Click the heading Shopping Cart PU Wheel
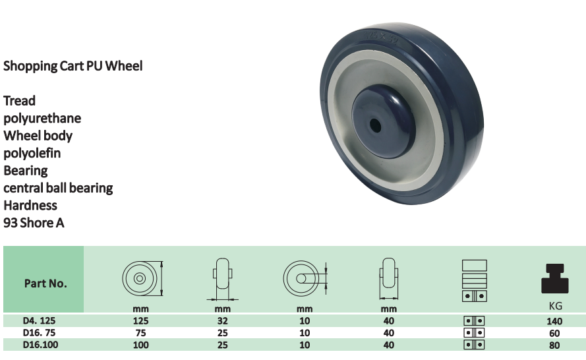[73, 66]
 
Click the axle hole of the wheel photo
[375, 126]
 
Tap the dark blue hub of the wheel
[384, 121]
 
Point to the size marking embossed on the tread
[380, 38]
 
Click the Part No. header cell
[44, 280]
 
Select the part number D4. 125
[40, 320]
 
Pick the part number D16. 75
[40, 333]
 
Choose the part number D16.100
[40, 345]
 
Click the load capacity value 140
[554, 321]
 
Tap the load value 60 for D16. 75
[554, 333]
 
